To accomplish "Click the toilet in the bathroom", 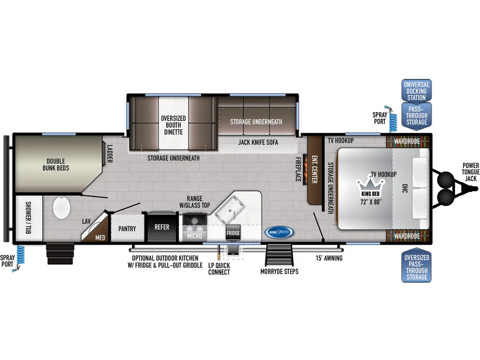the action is [x=61, y=207].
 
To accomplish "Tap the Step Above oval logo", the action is [x=279, y=232].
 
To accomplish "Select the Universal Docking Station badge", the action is [x=416, y=91].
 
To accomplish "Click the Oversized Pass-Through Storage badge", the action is [x=416, y=267].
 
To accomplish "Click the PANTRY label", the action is [x=127, y=229].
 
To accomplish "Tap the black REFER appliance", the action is [x=162, y=227].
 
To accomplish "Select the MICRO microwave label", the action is [x=195, y=236].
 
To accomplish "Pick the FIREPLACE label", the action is [x=298, y=169].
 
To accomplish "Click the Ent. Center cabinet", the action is [x=314, y=170].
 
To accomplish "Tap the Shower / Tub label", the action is [x=28, y=217].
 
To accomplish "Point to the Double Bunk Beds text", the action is [x=56, y=165].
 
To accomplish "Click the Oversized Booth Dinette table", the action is [x=173, y=123].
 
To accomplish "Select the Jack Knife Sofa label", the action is [x=258, y=142].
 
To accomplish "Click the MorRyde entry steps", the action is [x=279, y=255].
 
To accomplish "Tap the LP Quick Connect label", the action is [x=219, y=269].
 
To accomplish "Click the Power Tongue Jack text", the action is [x=471, y=172].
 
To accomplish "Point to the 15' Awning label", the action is [x=329, y=258].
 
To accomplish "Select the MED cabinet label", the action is [x=100, y=238].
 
